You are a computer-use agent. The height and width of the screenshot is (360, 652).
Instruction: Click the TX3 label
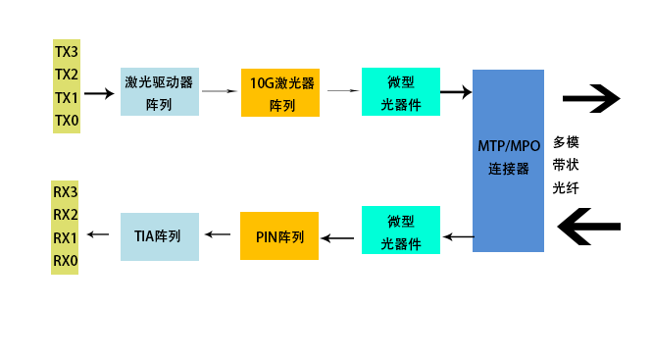66,50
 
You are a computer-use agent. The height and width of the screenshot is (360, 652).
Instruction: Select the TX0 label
66,121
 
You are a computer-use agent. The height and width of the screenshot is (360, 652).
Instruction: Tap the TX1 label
66,97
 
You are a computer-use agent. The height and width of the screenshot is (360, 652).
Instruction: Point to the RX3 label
65,191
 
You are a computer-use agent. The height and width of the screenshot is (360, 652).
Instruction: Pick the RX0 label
65,261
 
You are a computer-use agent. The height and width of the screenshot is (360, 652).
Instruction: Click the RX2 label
65,215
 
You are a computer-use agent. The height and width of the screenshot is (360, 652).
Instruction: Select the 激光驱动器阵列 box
159,92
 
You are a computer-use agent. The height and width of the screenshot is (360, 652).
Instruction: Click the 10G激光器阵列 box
280,92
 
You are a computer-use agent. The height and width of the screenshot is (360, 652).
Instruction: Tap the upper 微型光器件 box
401,92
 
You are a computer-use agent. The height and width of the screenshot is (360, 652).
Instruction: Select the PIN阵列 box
279,236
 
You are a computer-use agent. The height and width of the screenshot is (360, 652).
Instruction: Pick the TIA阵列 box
159,236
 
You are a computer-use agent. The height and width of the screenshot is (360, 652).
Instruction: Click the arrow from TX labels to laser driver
98,94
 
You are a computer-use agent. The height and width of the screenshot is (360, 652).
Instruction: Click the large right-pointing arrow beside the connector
591,98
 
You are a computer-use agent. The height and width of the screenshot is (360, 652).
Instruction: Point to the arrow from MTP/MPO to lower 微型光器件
458,235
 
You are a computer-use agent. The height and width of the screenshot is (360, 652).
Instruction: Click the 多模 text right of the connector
566,141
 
